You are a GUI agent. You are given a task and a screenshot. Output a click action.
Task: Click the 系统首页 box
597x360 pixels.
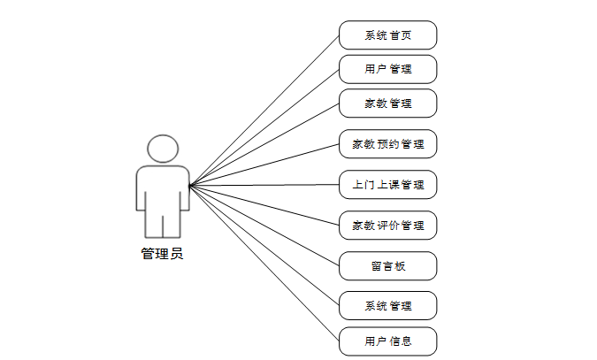[x=387, y=35]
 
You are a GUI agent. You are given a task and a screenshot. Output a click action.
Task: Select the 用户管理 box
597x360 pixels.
[x=387, y=69]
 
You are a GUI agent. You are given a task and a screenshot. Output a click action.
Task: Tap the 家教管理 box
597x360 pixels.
[x=387, y=103]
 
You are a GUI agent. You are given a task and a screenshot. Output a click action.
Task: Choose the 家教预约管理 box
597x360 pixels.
[x=387, y=143]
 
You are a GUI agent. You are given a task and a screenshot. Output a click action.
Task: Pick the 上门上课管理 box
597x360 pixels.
[x=387, y=185]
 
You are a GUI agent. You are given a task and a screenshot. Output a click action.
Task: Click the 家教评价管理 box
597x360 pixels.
[x=387, y=225]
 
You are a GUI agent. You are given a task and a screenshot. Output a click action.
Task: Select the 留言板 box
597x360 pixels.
[x=387, y=265]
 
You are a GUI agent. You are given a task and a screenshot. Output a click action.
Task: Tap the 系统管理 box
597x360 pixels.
[x=387, y=306]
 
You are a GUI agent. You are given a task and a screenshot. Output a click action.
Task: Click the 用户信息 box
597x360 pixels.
[x=387, y=341]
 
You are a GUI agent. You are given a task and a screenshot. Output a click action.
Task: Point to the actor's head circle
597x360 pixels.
[x=163, y=148]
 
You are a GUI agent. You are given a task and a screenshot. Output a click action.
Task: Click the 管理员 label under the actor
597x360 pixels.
[x=162, y=254]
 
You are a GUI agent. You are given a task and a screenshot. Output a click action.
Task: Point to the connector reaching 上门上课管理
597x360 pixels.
[x=265, y=185]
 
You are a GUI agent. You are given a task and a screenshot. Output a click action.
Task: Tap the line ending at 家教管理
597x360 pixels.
[x=265, y=143]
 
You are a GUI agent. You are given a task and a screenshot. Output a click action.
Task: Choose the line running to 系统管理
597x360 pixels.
[x=265, y=246]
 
